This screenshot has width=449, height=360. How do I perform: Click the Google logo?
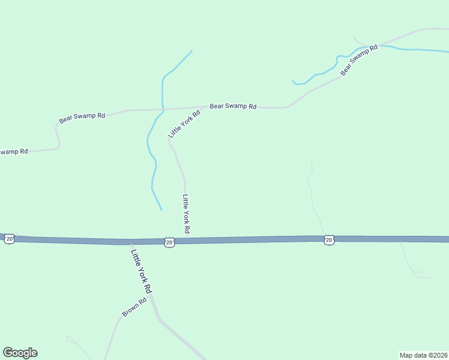20,353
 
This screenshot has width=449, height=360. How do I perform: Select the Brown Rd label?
134,308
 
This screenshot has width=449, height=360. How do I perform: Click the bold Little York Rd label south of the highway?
141,271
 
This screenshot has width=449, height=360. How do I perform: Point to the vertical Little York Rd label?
187,214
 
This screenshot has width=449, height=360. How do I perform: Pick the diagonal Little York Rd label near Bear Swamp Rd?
184,124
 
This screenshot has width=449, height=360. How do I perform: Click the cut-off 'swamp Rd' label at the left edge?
13,152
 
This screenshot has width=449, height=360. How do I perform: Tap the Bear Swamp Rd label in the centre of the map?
233,106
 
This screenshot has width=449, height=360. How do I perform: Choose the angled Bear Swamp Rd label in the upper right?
358,61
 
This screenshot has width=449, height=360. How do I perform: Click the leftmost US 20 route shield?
9,239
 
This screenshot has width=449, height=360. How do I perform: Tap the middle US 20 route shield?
169,242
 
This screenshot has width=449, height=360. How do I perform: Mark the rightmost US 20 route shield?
328,240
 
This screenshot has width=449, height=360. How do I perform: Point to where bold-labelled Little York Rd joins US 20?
131,242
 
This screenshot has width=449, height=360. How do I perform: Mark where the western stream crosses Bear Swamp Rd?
163,110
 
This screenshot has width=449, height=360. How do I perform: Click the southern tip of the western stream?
161,209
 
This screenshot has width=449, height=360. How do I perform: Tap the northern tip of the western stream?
192,50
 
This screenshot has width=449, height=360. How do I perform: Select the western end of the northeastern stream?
292,80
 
